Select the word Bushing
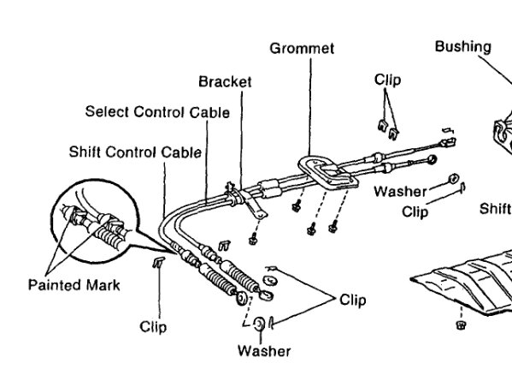click(x=462, y=46)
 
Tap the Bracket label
click(x=225, y=82)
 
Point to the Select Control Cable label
click(x=157, y=112)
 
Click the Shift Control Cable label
click(x=135, y=152)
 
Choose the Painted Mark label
click(x=74, y=285)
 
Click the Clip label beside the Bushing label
click(x=387, y=80)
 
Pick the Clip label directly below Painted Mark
click(x=153, y=327)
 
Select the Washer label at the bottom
click(x=264, y=351)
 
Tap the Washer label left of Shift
click(x=399, y=192)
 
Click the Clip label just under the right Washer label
click(x=415, y=211)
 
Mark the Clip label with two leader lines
click(x=352, y=300)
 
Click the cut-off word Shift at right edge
click(x=495, y=208)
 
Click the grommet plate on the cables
click(x=324, y=172)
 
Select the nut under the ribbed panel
click(x=461, y=326)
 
